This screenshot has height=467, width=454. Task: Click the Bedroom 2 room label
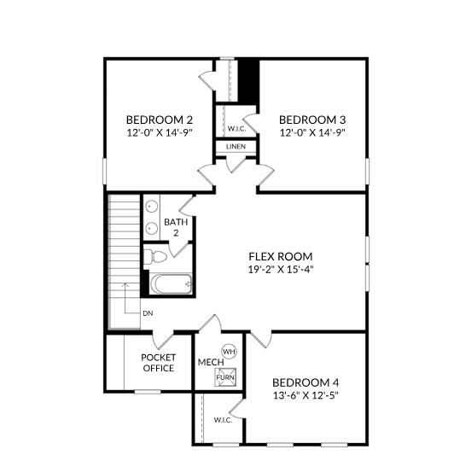(x=160, y=120)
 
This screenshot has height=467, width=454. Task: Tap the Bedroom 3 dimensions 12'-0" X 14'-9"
(x=312, y=132)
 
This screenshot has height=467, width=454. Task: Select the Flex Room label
(x=281, y=256)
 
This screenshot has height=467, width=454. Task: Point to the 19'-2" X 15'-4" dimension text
(x=281, y=270)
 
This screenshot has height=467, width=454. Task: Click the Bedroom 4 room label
(x=306, y=382)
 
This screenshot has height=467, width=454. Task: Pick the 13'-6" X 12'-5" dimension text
(x=306, y=395)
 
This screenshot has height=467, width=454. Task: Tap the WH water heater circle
(x=230, y=352)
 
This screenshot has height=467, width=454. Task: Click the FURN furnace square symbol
(x=225, y=377)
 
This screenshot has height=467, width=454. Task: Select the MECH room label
(x=211, y=362)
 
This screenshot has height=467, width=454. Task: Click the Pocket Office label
(x=159, y=363)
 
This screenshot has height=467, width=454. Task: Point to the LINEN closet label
(x=236, y=147)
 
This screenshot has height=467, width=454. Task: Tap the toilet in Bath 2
(x=154, y=256)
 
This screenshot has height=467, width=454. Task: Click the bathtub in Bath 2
(x=172, y=283)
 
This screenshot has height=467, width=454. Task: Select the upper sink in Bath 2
(x=152, y=207)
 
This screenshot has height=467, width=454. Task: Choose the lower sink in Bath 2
(x=152, y=229)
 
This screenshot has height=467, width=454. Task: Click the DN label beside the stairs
(x=148, y=313)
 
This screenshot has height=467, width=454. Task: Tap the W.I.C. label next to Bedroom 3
(x=236, y=129)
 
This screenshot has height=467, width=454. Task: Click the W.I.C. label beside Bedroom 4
(x=223, y=420)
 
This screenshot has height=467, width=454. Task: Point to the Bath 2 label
(x=176, y=227)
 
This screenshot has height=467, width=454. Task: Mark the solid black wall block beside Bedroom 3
(x=248, y=81)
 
